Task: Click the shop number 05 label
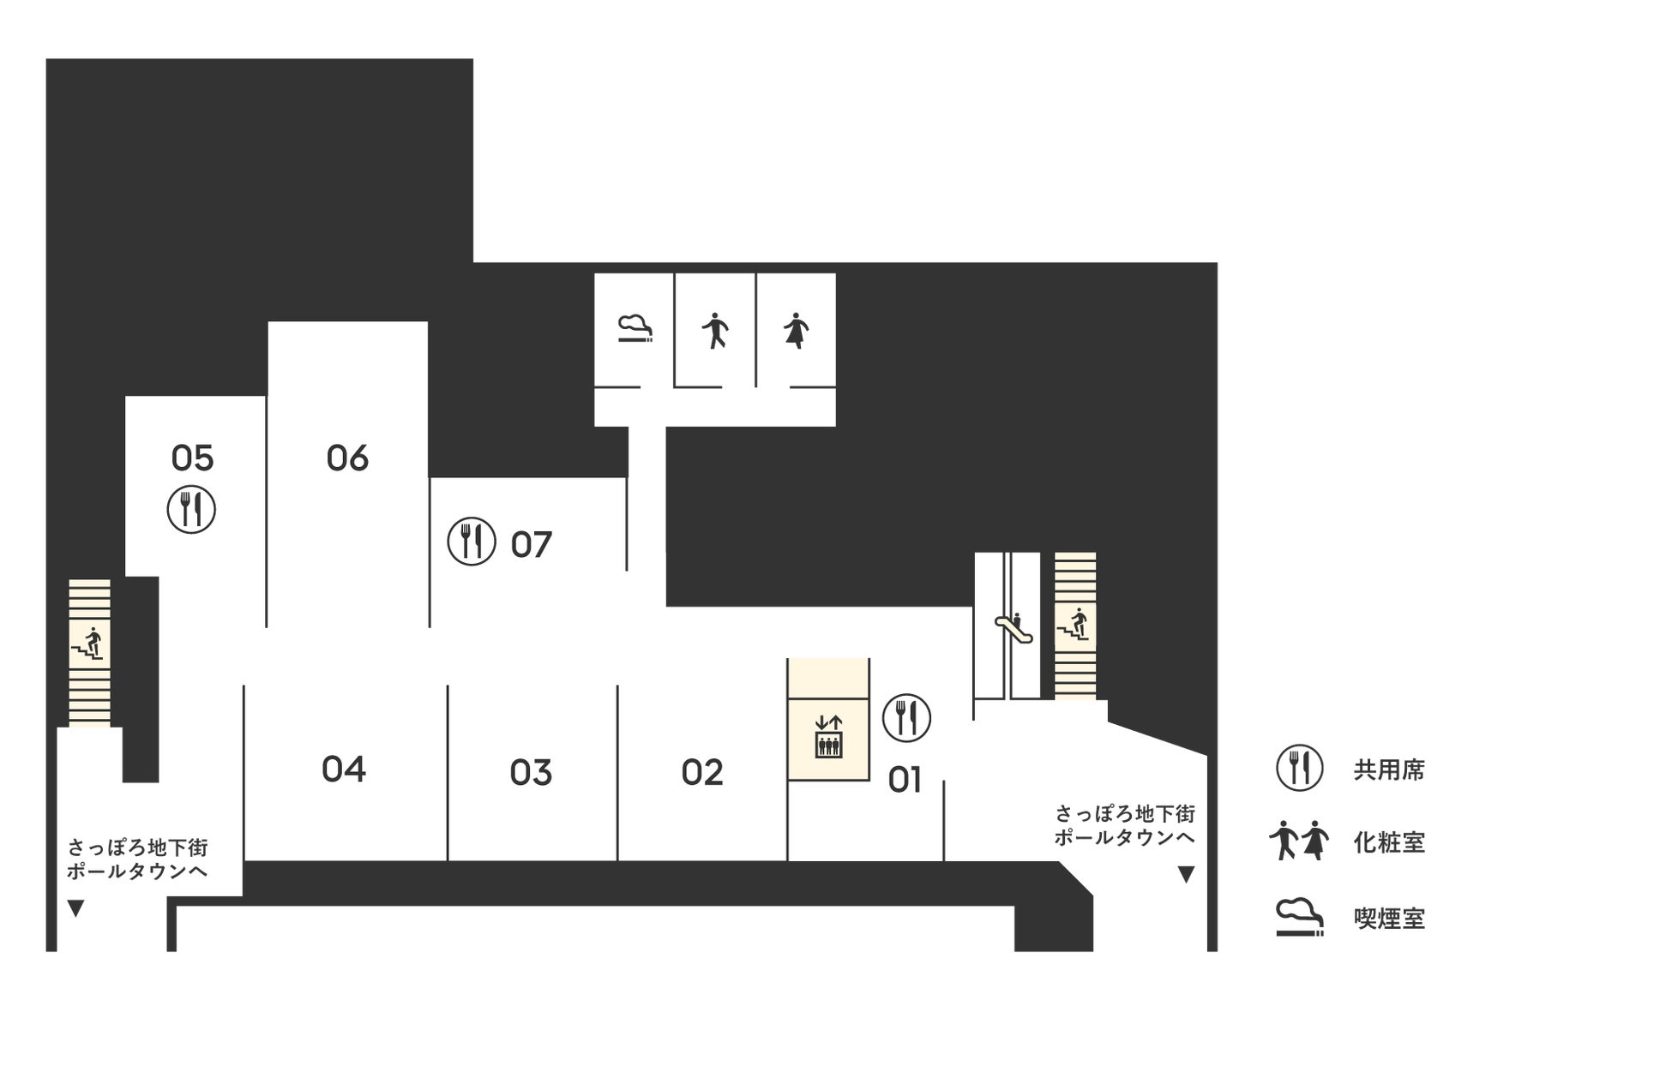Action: click(x=192, y=458)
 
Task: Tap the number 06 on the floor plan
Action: click(x=347, y=458)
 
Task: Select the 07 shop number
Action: click(x=532, y=545)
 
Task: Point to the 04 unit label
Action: click(x=344, y=770)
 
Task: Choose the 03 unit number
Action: click(x=531, y=773)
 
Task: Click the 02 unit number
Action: click(x=702, y=773)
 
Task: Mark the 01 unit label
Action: click(x=905, y=781)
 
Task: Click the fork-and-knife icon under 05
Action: click(x=191, y=510)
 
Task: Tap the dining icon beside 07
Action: click(x=472, y=542)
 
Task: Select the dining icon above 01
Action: click(x=906, y=718)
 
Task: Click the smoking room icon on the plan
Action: click(x=635, y=330)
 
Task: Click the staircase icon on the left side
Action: click(x=89, y=644)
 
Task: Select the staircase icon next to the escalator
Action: click(x=1074, y=624)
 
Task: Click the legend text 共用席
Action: click(x=1389, y=770)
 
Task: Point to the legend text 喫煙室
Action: click(x=1389, y=919)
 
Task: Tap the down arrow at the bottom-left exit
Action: click(x=75, y=908)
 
